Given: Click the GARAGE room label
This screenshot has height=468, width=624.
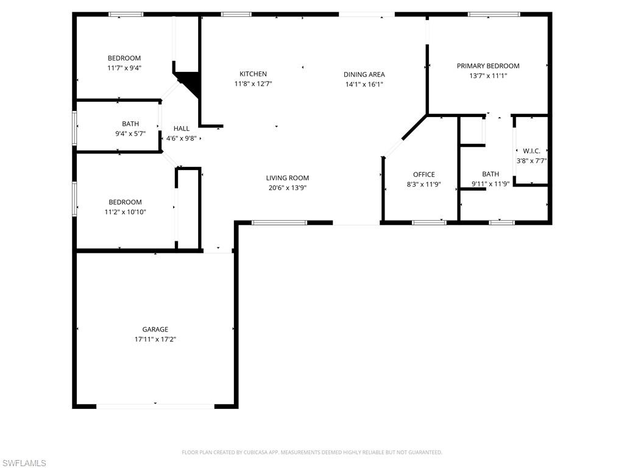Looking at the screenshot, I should point(155,329).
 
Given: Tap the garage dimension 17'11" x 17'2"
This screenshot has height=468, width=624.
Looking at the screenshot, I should point(155,339).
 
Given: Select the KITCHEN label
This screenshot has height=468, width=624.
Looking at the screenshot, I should point(253,74).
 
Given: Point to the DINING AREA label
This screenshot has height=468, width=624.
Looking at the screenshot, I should point(364,74).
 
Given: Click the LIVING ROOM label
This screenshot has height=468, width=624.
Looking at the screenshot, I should point(287,178).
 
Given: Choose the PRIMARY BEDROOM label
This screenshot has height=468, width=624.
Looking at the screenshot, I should point(488,66).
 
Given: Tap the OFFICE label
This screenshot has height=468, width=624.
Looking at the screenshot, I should point(424,174).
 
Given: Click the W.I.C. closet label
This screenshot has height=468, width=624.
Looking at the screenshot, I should point(531,151).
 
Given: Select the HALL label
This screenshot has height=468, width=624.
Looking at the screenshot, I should point(181,129).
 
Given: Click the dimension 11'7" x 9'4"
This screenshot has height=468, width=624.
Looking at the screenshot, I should point(124,68).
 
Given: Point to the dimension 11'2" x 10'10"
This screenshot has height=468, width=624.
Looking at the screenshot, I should point(125,212).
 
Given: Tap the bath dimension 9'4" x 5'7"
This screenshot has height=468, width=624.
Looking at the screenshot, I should point(130,133).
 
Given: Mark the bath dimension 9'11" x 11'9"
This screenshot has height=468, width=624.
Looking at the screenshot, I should point(491,184).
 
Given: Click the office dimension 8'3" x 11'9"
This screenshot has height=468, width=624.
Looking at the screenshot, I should point(424,184).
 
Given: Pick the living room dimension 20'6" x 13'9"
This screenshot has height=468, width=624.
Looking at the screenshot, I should point(287,188).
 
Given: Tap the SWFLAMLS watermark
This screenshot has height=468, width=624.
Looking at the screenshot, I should point(24,464).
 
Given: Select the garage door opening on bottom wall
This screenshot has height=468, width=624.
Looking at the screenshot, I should point(155,405).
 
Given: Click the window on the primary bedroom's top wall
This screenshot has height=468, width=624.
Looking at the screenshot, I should point(494,14).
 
